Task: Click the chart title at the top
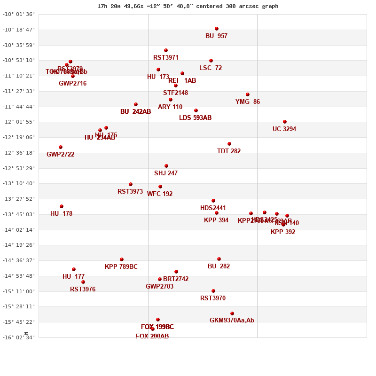[x=188, y=6]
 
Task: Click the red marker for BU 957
[x=217, y=29]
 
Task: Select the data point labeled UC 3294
[x=285, y=122]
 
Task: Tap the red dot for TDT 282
[x=229, y=144]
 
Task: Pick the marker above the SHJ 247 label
[x=166, y=166]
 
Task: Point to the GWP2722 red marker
[x=61, y=147]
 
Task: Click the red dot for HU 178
[x=62, y=206]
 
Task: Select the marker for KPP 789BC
[x=122, y=259]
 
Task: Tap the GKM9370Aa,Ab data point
[x=232, y=313]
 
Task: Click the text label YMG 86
[x=248, y=102]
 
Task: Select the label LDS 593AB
[x=196, y=118]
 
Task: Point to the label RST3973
[x=130, y=192]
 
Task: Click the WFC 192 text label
[x=160, y=194]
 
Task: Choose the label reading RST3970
[x=213, y=298]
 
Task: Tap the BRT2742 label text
[x=176, y=279]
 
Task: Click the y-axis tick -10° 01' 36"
[x=19, y=14]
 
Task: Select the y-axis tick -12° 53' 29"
[x=19, y=168]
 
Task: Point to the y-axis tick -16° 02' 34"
[x=19, y=337]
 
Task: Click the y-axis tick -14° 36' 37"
[x=19, y=260]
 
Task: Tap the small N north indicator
[x=27, y=333]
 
